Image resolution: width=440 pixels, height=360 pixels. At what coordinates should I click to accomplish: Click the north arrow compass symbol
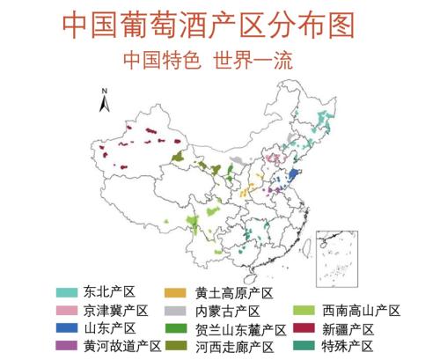105,100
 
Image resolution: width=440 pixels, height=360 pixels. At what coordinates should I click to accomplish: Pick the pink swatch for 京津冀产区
67,311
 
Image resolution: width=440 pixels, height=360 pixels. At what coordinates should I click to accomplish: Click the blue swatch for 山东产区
67,329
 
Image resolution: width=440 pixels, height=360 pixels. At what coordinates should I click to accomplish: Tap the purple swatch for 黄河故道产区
67,347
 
